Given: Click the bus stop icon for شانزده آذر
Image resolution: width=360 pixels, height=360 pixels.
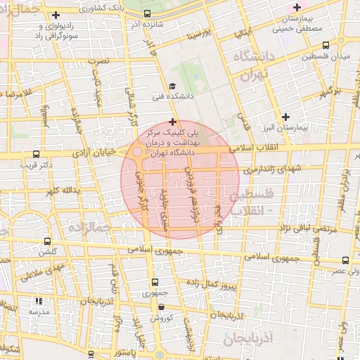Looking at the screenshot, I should click(148, 14).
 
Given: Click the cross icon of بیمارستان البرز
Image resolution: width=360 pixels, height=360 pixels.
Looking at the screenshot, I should click(285, 117).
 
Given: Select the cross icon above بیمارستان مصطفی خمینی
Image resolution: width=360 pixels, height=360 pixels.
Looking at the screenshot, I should click(296, 7).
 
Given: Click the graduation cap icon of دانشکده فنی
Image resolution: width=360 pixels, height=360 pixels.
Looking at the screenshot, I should click(172, 86).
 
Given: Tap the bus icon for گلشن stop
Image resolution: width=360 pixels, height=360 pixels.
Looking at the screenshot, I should click(48, 241).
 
